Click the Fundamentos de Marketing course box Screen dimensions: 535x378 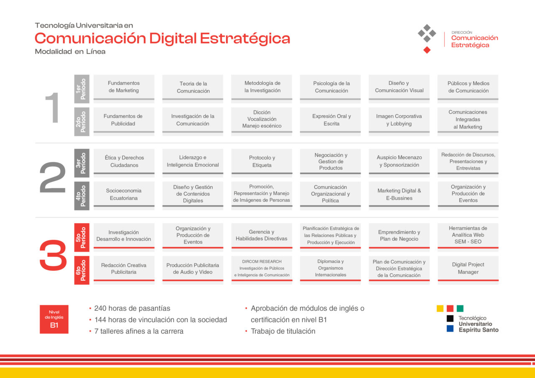pos(124,89)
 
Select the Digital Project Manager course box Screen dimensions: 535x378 pos(468,270)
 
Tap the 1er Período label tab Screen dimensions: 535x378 pos(82,89)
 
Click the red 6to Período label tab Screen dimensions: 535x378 pos(82,270)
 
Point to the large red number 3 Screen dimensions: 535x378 pos(53,255)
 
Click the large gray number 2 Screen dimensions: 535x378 pos(53,177)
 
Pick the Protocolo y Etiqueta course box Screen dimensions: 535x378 pos(262,163)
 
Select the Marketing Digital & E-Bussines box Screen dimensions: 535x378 pos(399,196)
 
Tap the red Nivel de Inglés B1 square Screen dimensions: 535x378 pos(54,319)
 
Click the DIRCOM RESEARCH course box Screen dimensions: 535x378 pos(262,270)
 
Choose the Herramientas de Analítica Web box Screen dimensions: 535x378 pos(468,237)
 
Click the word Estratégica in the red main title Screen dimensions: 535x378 pos(245,39)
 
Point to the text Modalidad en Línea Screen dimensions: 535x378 pos(70,51)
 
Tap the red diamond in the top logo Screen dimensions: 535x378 pos(427,50)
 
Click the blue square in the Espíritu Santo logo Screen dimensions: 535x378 pos(450,328)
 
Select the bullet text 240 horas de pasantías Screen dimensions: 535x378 pos(132,308)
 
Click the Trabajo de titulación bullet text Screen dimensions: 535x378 pos(283,331)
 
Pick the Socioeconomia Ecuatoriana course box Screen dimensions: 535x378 pos(124,196)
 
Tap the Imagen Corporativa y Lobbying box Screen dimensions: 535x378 pos(399,121)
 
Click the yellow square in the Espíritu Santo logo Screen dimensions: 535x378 pos(440,308)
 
